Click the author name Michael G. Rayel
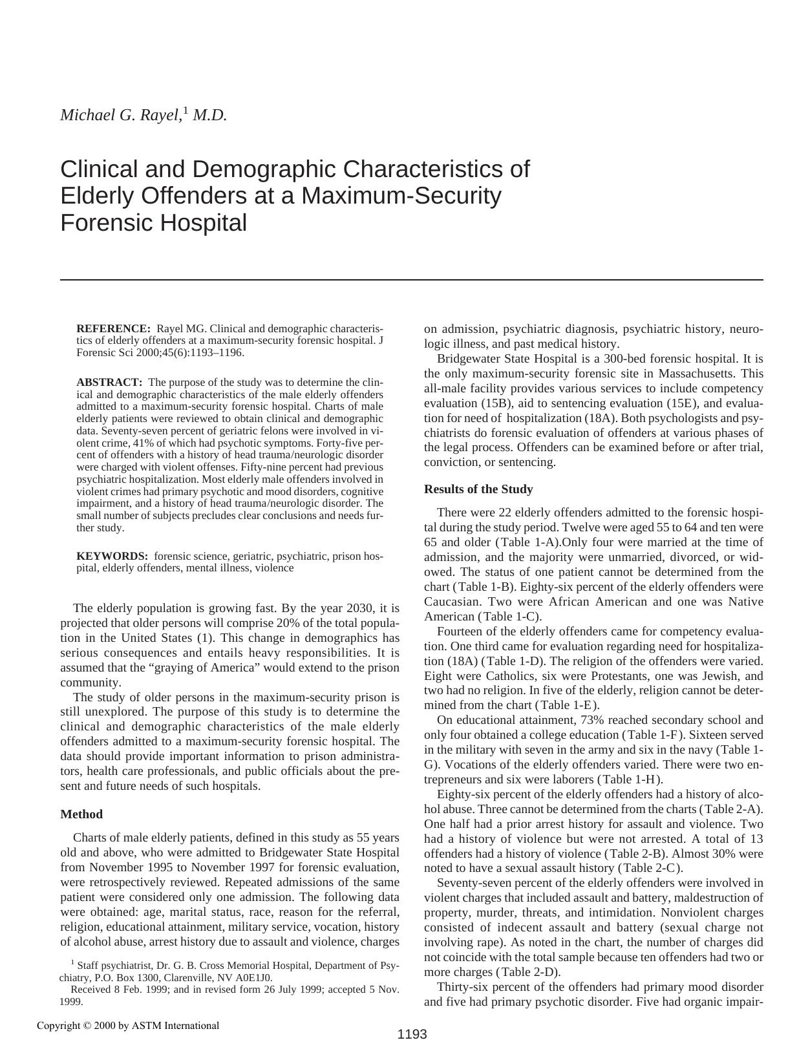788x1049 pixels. (121, 116)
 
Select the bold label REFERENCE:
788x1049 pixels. (113, 328)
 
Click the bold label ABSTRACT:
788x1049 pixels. (109, 382)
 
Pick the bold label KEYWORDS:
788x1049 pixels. (112, 556)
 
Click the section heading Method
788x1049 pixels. (81, 814)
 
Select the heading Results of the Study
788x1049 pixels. (478, 489)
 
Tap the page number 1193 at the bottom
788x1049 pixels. (412, 1034)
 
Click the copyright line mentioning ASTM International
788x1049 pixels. (128, 1026)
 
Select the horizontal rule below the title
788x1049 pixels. (412, 280)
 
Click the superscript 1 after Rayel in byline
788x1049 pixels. (186, 111)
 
